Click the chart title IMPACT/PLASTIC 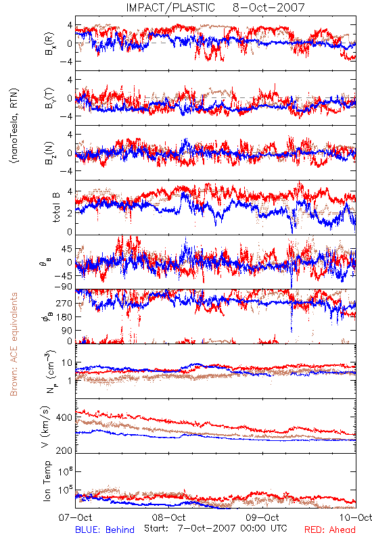click(x=170, y=7)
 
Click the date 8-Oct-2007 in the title click(x=269, y=7)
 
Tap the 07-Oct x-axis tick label click(x=75, y=517)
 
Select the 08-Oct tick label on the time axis click(x=168, y=517)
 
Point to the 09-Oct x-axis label click(x=262, y=517)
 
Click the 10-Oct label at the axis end click(x=356, y=517)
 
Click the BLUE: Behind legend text click(x=105, y=530)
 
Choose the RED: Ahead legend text click(x=330, y=530)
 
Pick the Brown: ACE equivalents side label click(x=14, y=344)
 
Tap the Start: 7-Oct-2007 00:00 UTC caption click(x=216, y=528)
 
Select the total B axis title click(x=56, y=208)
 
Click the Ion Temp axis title click(x=47, y=481)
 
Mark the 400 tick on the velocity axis click(x=64, y=417)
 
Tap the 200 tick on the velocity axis click(x=64, y=450)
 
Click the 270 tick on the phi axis click(x=64, y=303)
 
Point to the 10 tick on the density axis click(x=67, y=363)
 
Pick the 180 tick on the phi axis click(x=64, y=316)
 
